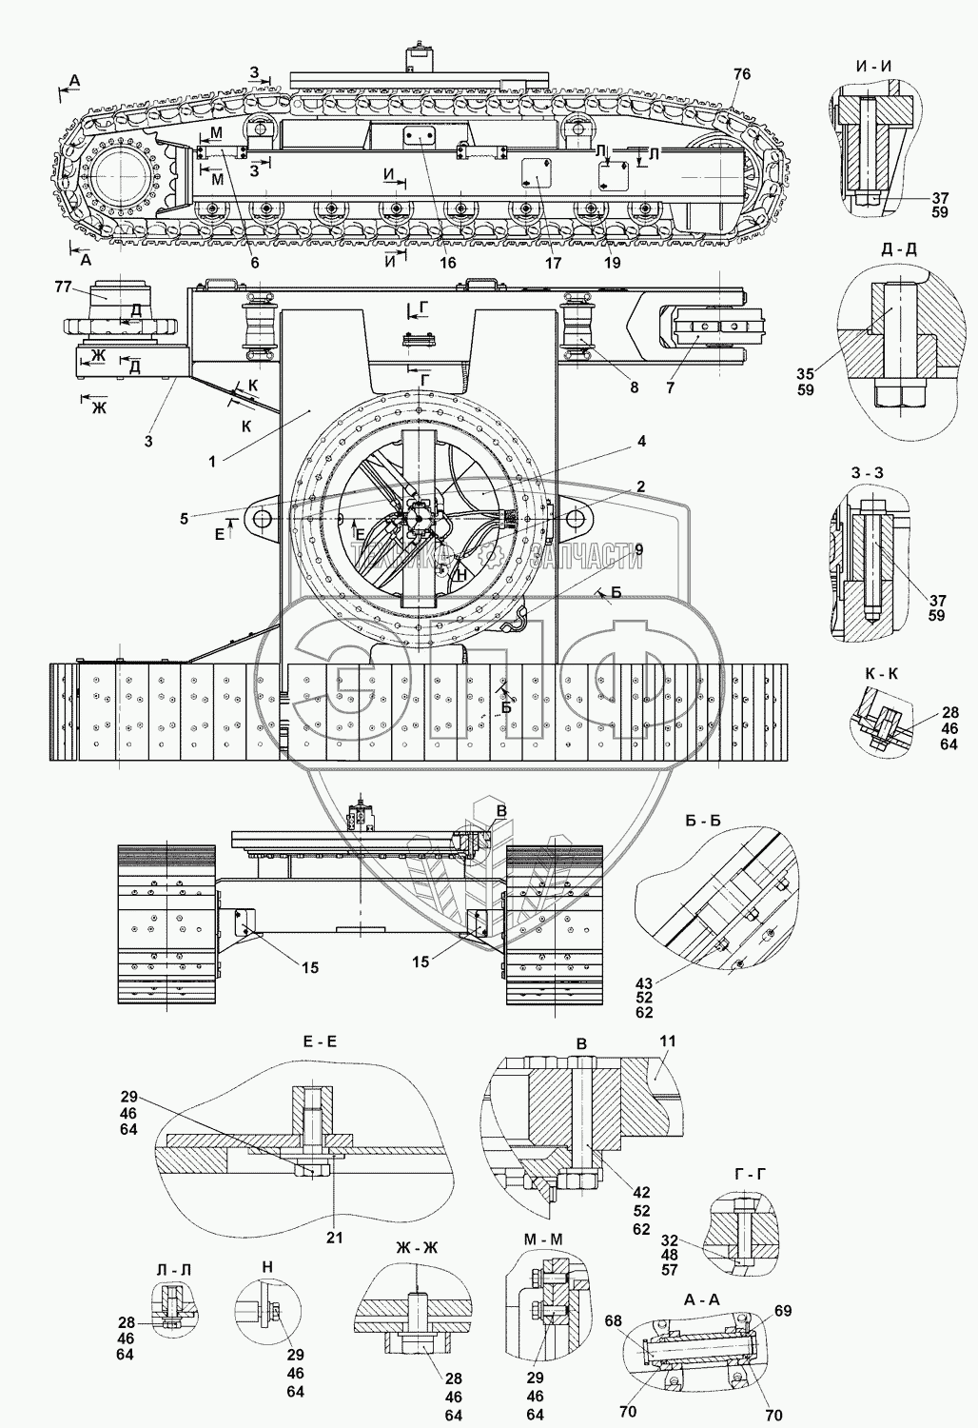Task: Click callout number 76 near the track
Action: pos(742,74)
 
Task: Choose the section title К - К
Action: pos(881,673)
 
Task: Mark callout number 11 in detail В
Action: pos(667,1042)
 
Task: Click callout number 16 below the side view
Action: pos(447,263)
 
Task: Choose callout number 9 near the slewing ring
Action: pos(637,549)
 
